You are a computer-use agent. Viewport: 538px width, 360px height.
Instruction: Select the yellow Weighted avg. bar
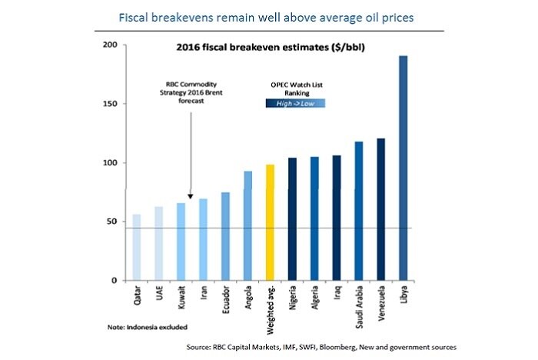[x=270, y=222]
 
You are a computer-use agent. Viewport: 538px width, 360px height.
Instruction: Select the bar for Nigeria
[x=292, y=219]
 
